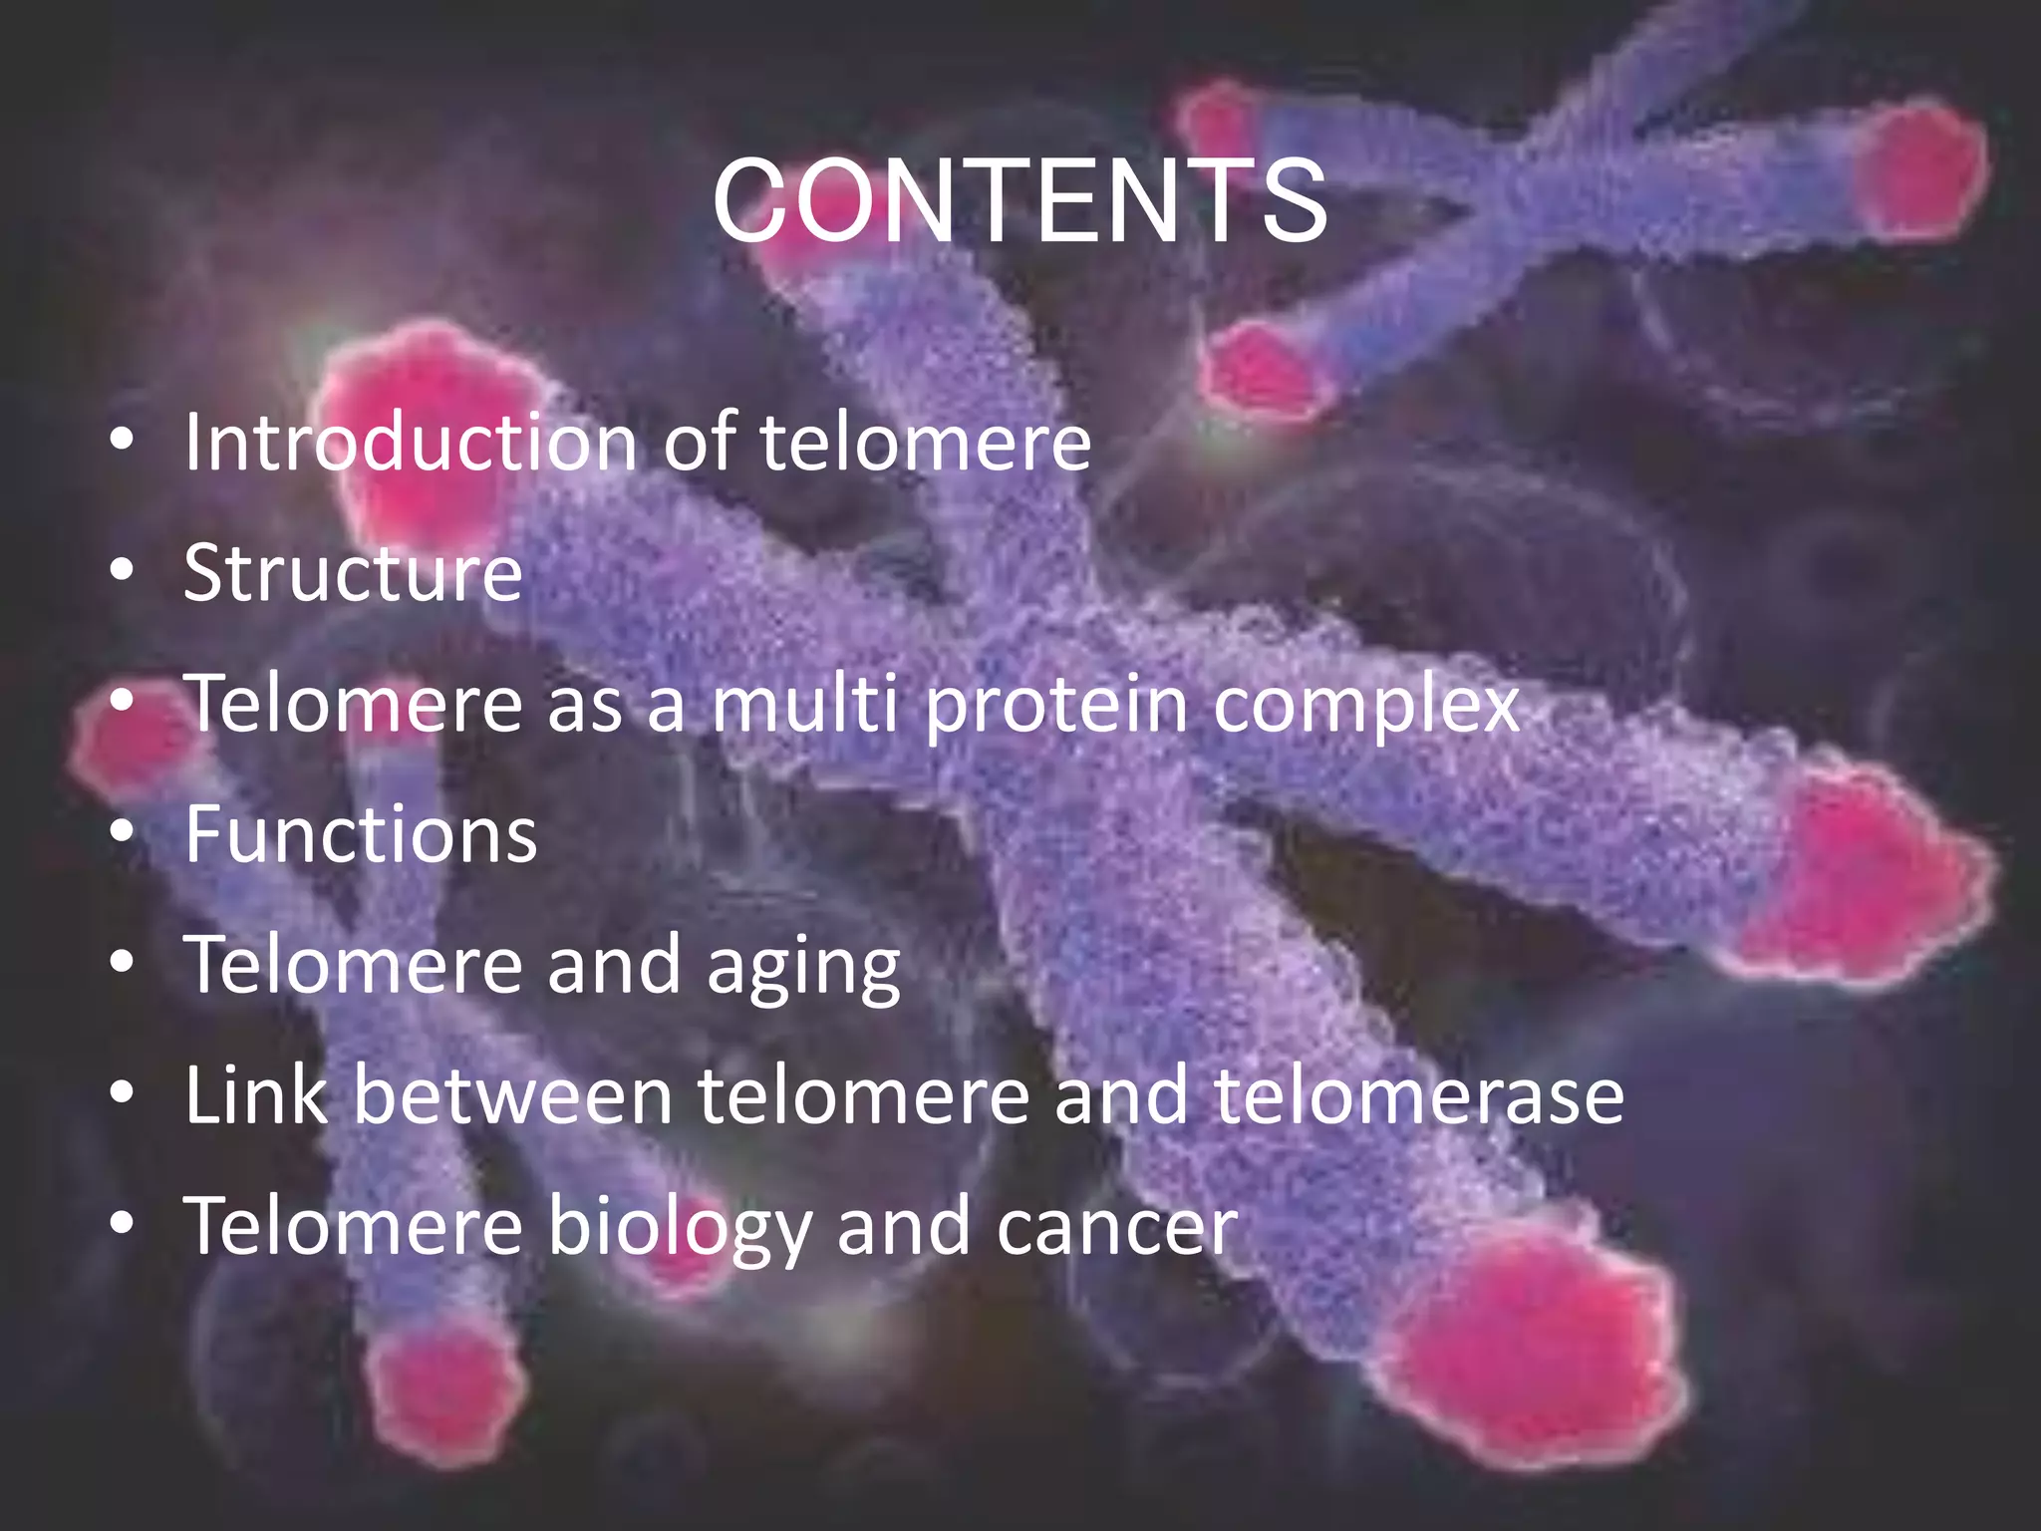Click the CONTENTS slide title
coord(1020,202)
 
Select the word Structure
coord(353,573)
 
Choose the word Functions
coord(361,835)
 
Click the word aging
coord(803,967)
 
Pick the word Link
coord(256,1095)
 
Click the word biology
coord(681,1228)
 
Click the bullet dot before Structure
coord(122,571)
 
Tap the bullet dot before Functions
coord(122,832)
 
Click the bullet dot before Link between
coord(122,1093)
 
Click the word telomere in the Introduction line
coord(926,442)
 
